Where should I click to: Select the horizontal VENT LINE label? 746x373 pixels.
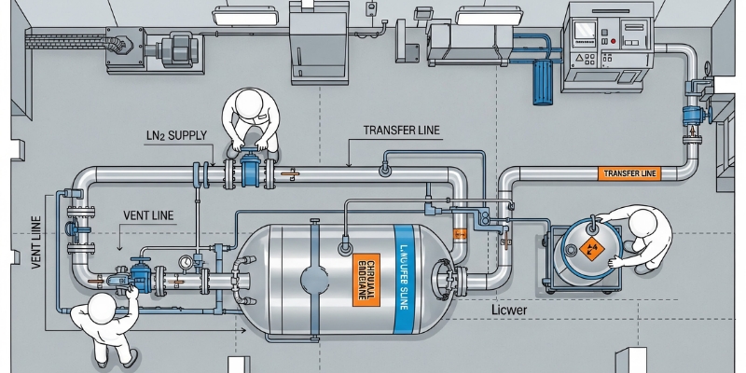point(148,215)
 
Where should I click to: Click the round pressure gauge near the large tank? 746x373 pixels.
point(187,263)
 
